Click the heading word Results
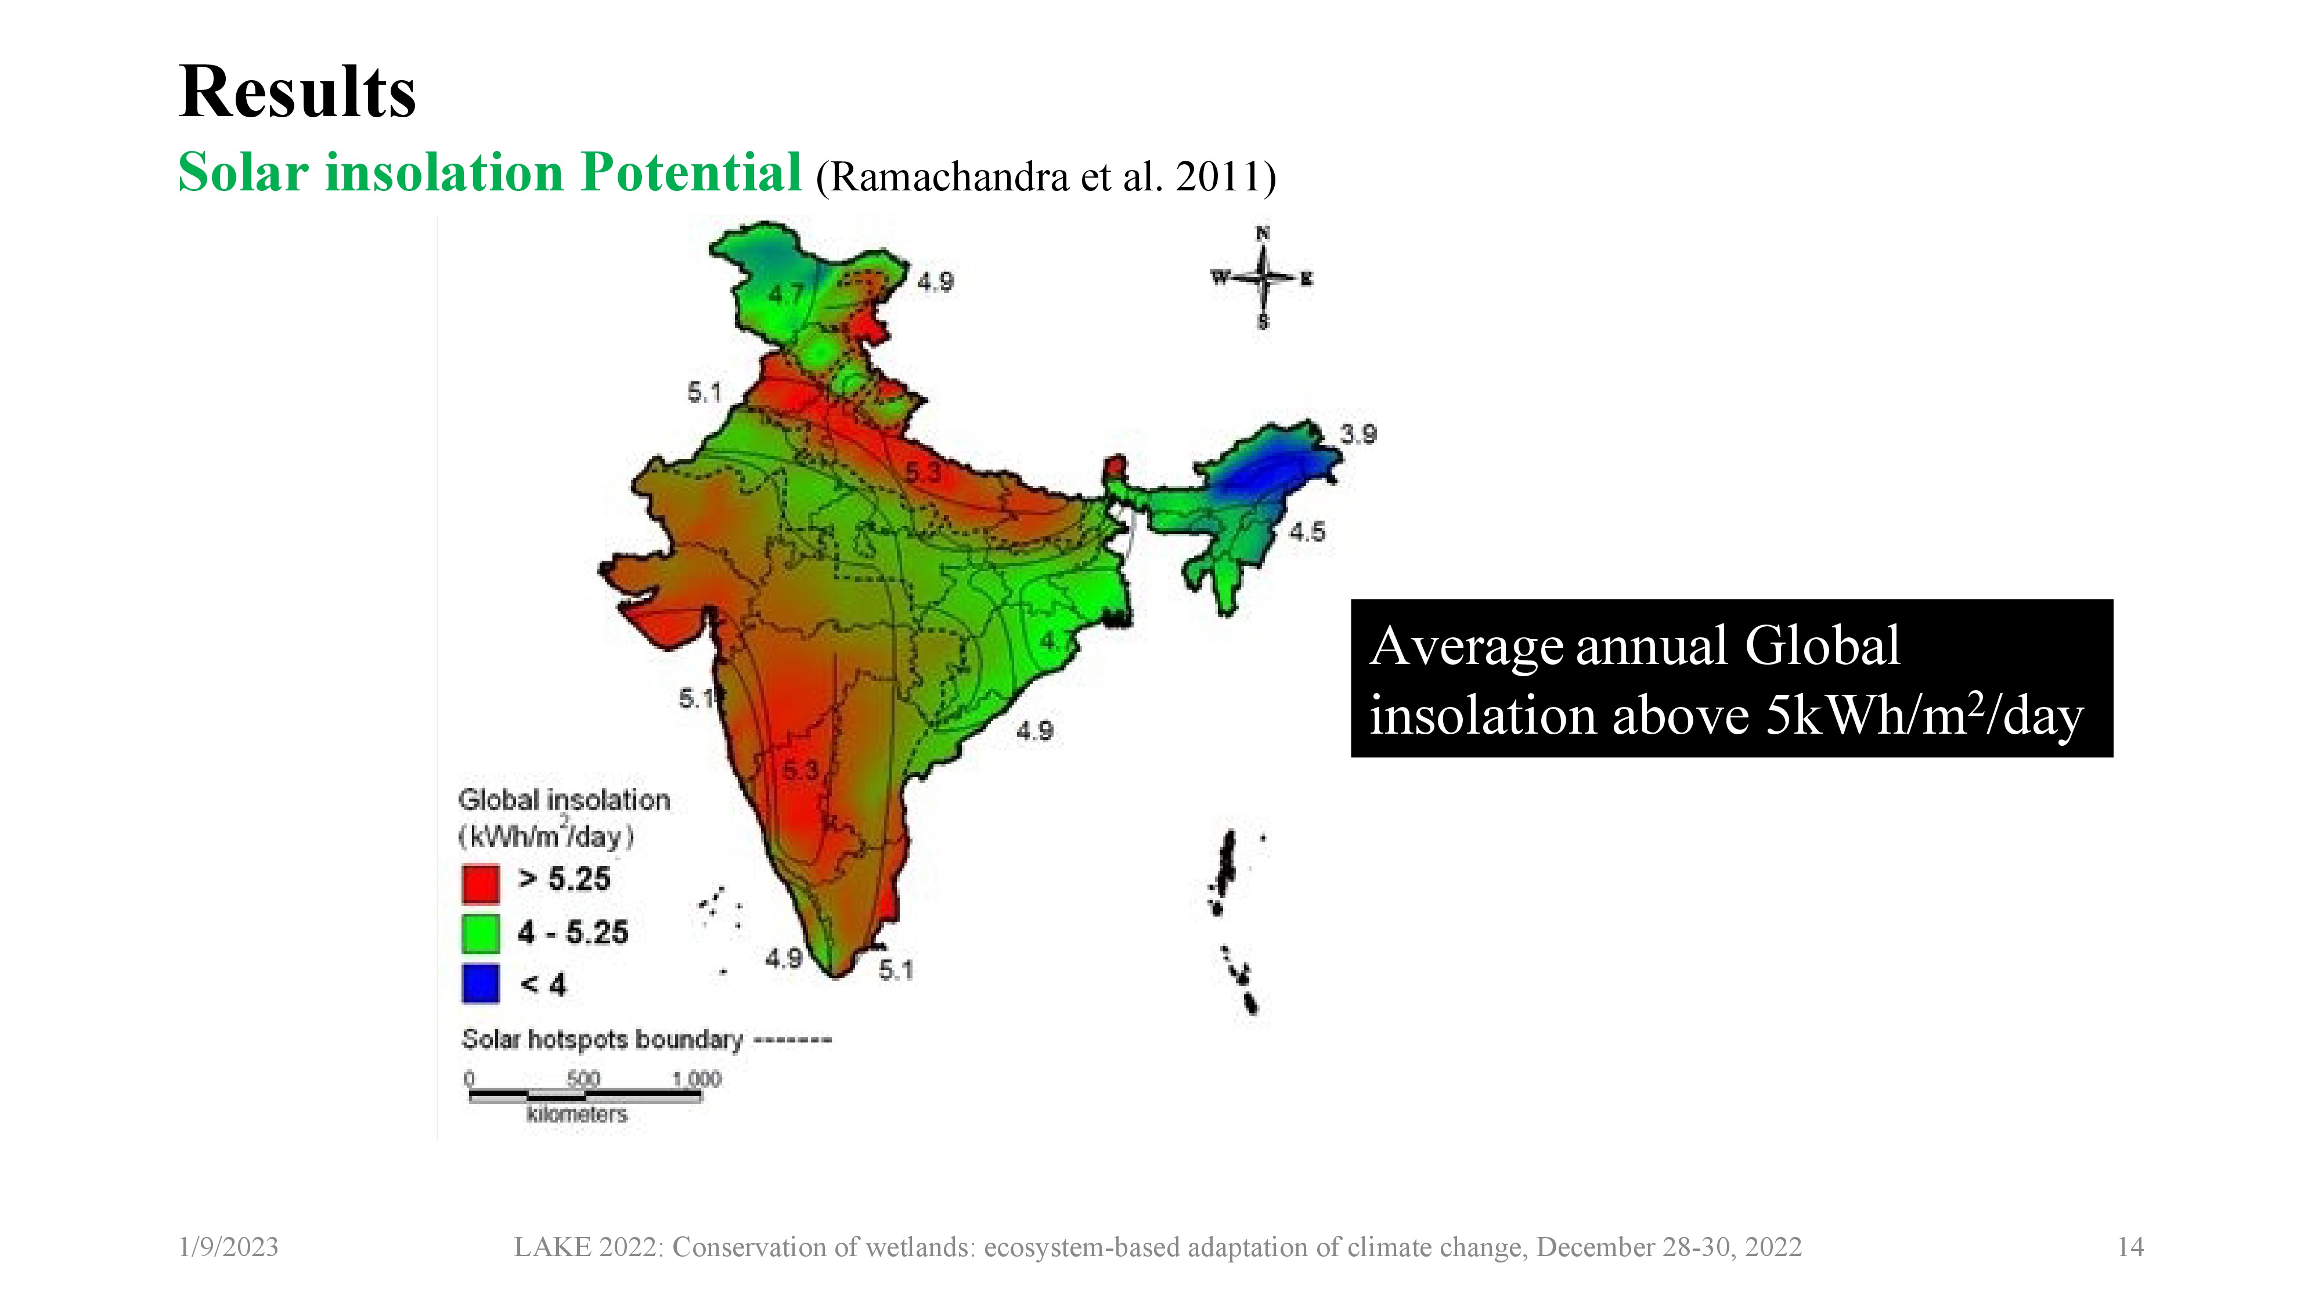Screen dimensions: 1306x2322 coord(297,93)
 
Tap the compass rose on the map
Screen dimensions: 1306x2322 coord(1263,277)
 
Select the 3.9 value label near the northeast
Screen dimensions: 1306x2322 coord(1358,434)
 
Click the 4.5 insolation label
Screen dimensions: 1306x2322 coord(1306,532)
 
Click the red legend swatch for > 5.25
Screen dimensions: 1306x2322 coord(481,883)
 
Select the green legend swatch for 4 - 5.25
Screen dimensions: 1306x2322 coord(481,934)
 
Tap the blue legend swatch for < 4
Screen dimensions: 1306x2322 coord(481,983)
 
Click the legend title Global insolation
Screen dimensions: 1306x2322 coord(564,800)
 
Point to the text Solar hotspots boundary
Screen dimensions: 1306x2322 coord(602,1039)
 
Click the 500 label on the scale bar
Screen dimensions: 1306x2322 coord(583,1078)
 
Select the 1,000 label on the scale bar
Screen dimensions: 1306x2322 coord(697,1078)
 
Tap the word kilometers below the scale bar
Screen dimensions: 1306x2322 coord(577,1114)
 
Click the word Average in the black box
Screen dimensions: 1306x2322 coord(1466,647)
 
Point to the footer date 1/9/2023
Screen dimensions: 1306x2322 coord(229,1247)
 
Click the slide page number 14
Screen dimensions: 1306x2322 coord(2130,1247)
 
